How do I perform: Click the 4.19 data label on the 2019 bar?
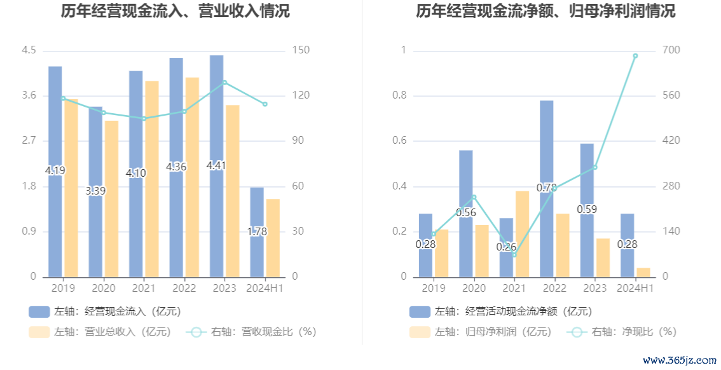tap(55, 170)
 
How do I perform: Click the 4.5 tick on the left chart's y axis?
tap(29, 51)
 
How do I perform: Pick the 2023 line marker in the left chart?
tap(224, 83)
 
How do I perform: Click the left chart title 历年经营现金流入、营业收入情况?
tap(175, 11)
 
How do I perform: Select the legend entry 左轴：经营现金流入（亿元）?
tap(105, 312)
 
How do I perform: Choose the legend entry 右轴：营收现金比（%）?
tap(254, 331)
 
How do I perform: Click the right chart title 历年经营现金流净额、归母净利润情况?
tap(545, 11)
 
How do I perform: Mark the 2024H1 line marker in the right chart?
tap(635, 56)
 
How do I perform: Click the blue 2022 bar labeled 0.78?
tap(547, 153)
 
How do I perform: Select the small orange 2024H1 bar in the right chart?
tap(643, 272)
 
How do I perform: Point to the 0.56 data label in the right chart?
tap(466, 212)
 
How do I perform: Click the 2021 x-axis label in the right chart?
tap(514, 289)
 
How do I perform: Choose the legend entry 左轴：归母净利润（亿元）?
tap(481, 331)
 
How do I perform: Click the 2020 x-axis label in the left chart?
tap(103, 289)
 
